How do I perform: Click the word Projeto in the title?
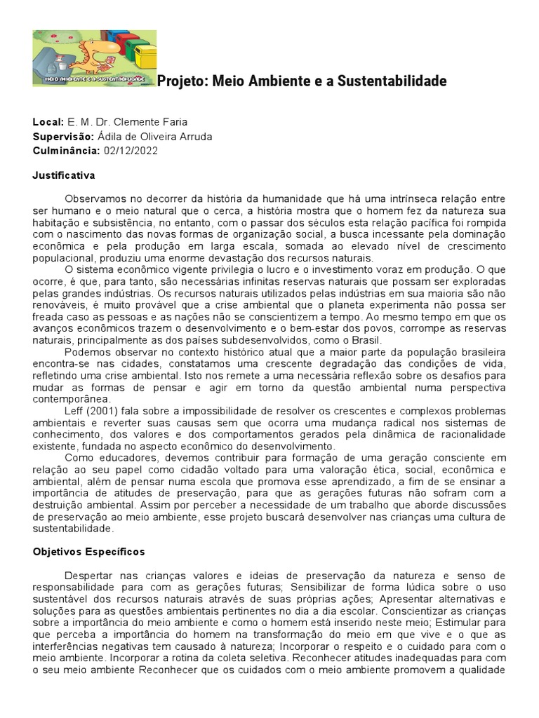179,81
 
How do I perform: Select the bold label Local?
48,123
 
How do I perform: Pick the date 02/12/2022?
131,151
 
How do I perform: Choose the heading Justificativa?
64,175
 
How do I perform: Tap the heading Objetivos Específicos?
88,552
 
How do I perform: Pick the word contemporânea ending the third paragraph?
69,398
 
